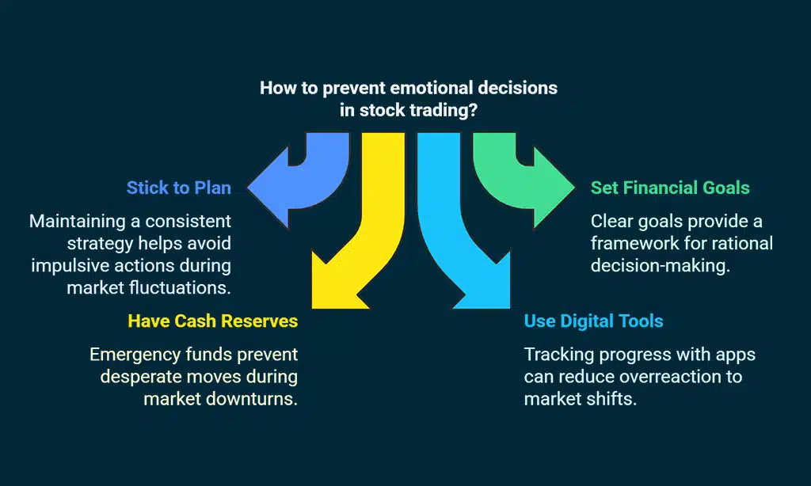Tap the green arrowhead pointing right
[x=554, y=188]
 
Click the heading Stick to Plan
[x=178, y=188]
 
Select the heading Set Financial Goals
[x=670, y=188]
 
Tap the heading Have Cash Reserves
[x=212, y=321]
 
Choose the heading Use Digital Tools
[x=593, y=321]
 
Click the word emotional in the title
[x=427, y=87]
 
